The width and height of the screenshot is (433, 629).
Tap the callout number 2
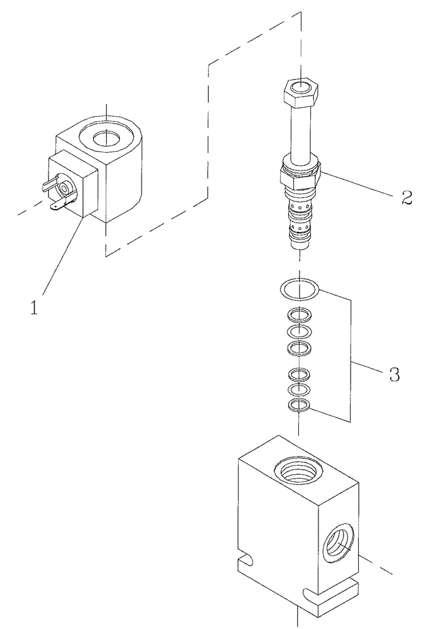pyautogui.click(x=406, y=199)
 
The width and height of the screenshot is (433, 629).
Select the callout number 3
pyautogui.click(x=393, y=376)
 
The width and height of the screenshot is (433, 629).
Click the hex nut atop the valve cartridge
pyautogui.click(x=301, y=91)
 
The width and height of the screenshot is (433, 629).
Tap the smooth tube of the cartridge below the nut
pyautogui.click(x=300, y=132)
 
